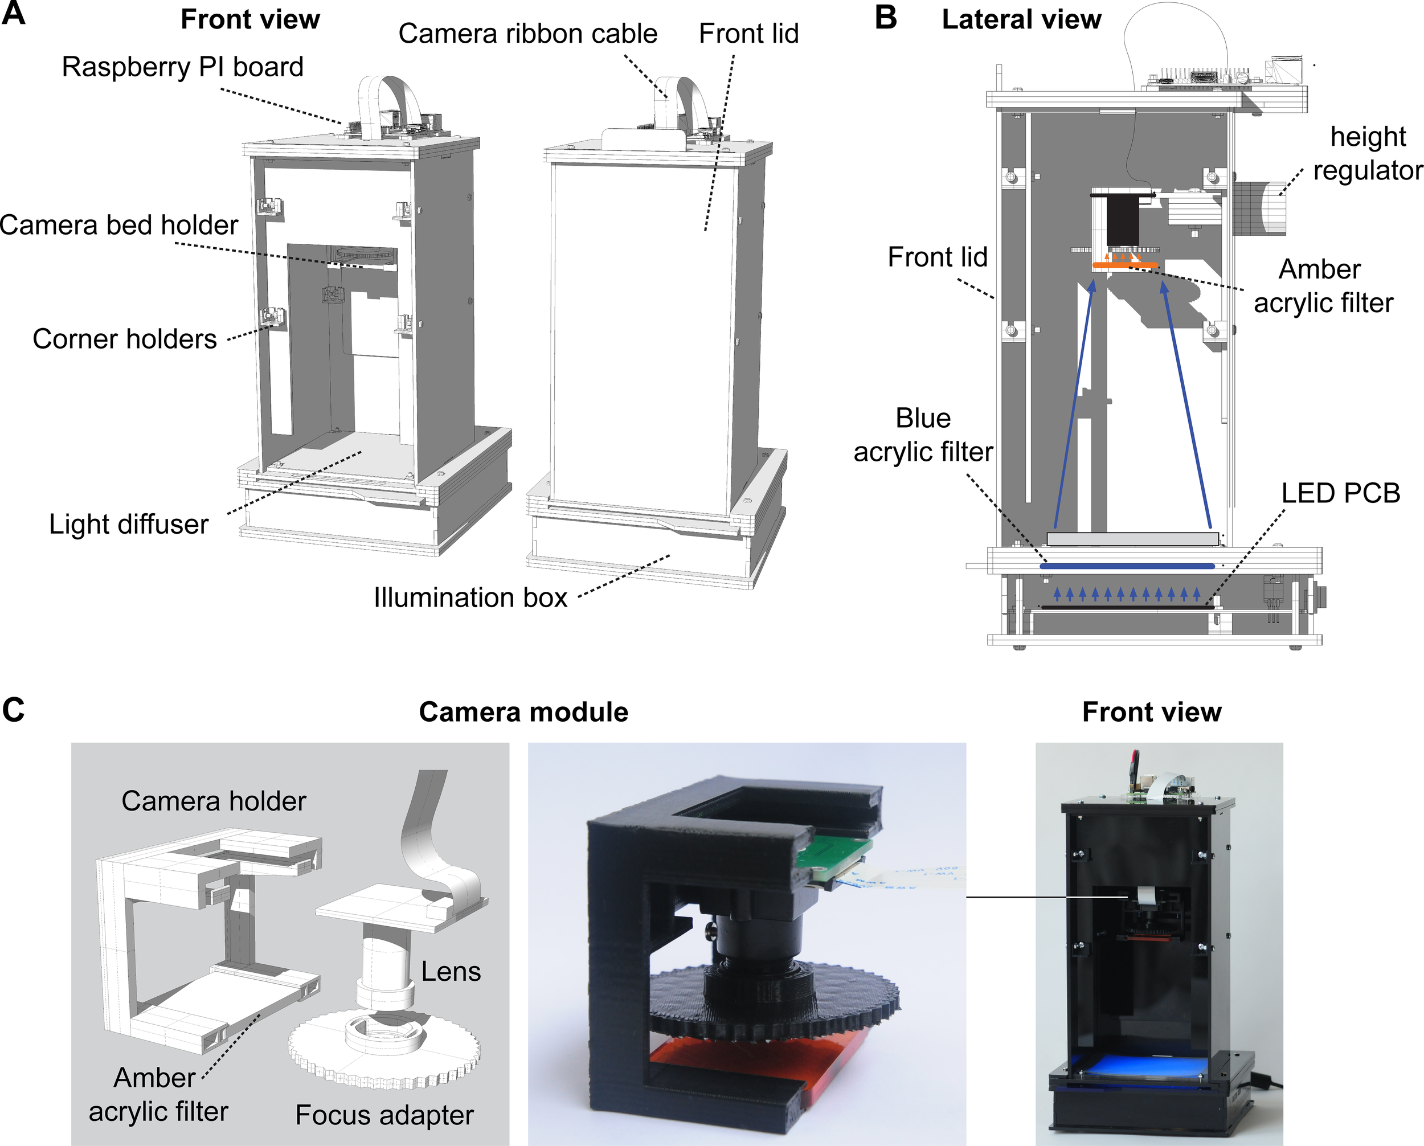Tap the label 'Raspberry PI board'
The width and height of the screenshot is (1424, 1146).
tap(182, 67)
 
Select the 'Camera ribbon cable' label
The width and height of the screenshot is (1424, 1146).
tap(527, 34)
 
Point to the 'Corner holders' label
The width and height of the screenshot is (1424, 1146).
tap(124, 339)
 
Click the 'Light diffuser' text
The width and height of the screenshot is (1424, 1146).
tap(128, 524)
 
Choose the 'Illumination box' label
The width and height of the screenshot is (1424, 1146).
tap(470, 597)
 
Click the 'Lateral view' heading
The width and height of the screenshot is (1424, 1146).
tap(1021, 19)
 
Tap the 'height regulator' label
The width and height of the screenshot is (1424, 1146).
tap(1367, 153)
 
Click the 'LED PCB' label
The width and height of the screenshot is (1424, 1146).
tap(1340, 493)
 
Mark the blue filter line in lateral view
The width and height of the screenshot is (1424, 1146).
tap(1127, 566)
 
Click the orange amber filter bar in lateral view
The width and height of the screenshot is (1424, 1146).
tap(1124, 265)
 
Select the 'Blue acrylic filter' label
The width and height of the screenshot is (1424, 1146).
tap(923, 435)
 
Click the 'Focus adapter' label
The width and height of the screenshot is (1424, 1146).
tap(384, 1115)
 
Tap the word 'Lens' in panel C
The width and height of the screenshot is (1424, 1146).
tap(451, 972)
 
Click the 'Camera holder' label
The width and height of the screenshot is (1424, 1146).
tap(214, 801)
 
